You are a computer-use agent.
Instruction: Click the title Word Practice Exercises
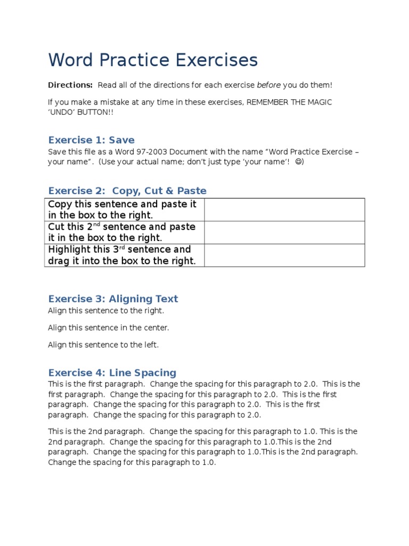point(153,60)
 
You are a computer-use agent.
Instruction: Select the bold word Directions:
point(70,85)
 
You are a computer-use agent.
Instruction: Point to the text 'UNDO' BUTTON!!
point(80,113)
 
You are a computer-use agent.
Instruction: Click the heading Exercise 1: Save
point(91,140)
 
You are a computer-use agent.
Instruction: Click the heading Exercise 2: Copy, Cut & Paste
point(127,190)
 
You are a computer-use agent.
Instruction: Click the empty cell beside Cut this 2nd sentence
point(284,232)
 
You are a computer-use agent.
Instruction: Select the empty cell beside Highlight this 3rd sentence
point(284,255)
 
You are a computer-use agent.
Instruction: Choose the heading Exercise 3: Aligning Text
point(113,299)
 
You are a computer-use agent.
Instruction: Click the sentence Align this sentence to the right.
point(106,310)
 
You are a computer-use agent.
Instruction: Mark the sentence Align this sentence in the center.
point(108,327)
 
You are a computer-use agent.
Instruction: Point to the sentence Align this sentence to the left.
point(103,344)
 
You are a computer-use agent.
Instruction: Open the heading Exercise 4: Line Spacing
point(112,373)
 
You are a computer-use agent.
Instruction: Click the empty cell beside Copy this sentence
point(284,210)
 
